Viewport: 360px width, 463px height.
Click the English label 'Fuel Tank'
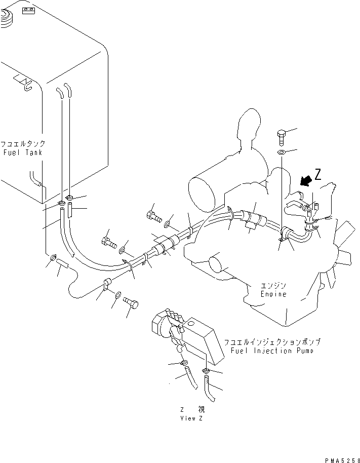[23, 152]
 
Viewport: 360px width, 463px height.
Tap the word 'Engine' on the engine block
[273, 294]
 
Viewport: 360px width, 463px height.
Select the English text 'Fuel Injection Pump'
[271, 351]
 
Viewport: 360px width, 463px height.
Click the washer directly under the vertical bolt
[282, 152]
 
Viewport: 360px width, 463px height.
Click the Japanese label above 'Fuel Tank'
[23, 144]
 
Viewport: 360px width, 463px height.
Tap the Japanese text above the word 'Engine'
[274, 285]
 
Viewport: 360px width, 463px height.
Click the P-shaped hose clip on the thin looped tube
[107, 284]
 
